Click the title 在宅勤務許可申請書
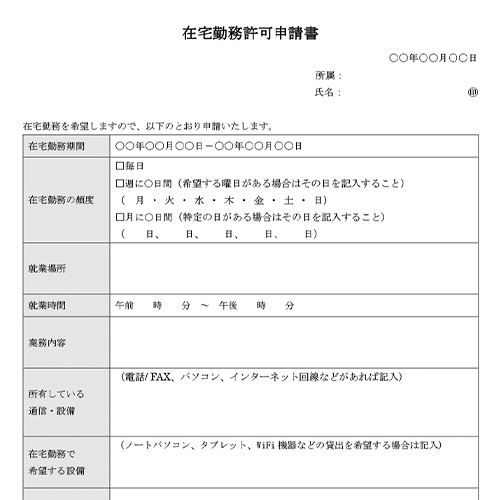pos(250,33)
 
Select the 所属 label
pos(328,76)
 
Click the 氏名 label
pos(328,93)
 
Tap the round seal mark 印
pos(472,93)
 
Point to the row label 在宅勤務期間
pos(57,146)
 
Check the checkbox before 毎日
pos(121,166)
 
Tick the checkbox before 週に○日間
pos(121,183)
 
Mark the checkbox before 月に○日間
pos(121,217)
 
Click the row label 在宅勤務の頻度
pos(62,200)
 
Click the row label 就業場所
pos(48,269)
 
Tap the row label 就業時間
pos(48,305)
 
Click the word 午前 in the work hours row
pos(125,305)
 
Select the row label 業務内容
pos(48,342)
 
